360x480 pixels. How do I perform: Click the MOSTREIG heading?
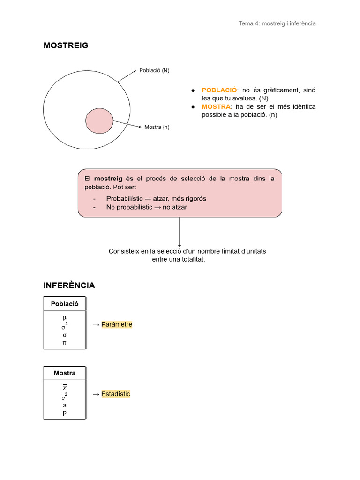click(x=66, y=45)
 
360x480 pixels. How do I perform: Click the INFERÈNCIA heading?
click(x=69, y=285)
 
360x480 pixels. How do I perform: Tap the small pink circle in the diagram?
click(x=100, y=120)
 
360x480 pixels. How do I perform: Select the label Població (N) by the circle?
click(x=154, y=71)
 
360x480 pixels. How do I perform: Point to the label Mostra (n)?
click(x=157, y=127)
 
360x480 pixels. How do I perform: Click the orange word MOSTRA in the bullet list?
click(x=216, y=106)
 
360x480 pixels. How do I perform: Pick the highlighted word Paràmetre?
click(x=117, y=324)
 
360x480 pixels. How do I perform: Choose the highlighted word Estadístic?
click(x=115, y=394)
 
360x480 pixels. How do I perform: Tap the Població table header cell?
click(x=65, y=304)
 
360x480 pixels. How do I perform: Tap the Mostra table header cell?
click(x=65, y=373)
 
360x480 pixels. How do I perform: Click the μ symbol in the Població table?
click(x=65, y=317)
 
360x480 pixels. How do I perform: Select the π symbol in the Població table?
click(x=65, y=343)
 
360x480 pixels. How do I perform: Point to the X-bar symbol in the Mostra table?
click(x=65, y=388)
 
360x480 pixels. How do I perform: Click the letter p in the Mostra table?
click(x=65, y=412)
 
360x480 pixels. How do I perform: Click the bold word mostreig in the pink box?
click(x=108, y=179)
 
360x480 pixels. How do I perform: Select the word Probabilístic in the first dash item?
click(x=124, y=198)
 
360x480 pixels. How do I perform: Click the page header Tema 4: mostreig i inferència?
click(x=277, y=23)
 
